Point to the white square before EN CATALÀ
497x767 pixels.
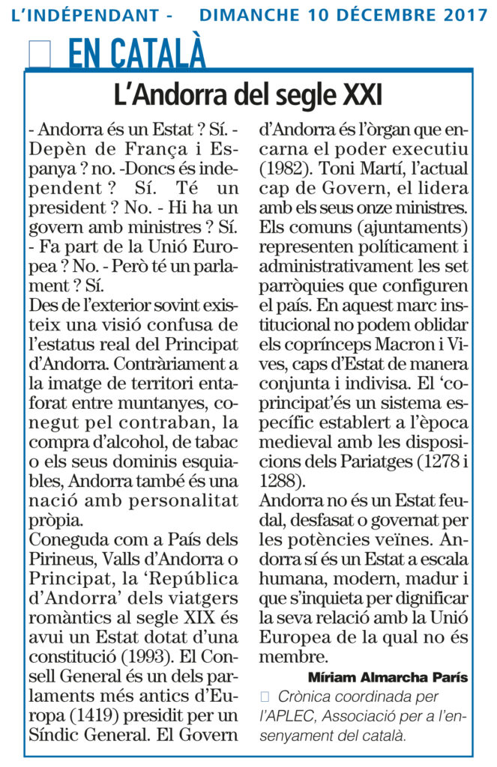pos(39,55)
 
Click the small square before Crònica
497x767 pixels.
pos(264,697)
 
